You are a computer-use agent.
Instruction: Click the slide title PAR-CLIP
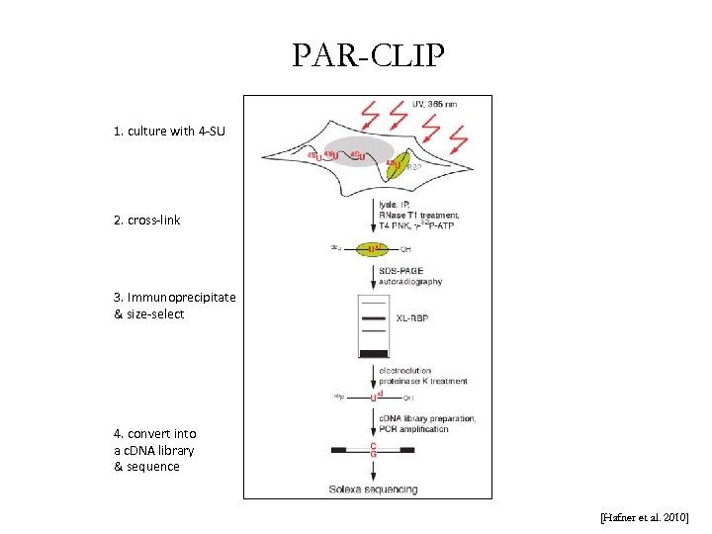click(x=368, y=55)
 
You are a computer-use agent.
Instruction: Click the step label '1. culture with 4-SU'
click(x=169, y=131)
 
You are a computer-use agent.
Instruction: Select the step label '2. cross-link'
click(x=147, y=220)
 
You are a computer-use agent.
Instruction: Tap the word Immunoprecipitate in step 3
click(x=175, y=298)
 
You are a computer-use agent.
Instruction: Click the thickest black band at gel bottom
click(x=374, y=353)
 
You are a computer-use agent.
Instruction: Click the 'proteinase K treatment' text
click(x=422, y=382)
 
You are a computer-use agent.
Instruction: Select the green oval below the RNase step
click(x=374, y=248)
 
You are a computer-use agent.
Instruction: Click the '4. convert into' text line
click(x=155, y=433)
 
